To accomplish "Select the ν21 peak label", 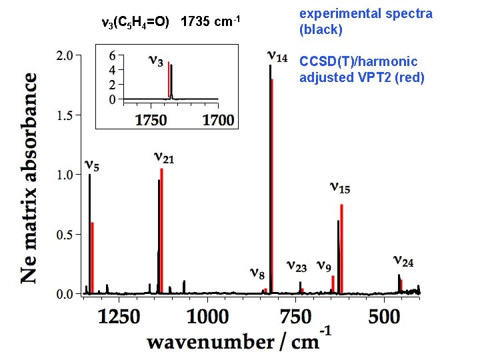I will click(164, 158).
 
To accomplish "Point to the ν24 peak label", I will click(403, 262).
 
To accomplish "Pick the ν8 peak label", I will click(257, 273).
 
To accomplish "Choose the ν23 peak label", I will click(297, 267).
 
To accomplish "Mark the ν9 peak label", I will click(325, 267).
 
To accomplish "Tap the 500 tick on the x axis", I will click(384, 314).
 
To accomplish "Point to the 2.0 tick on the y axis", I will click(64, 56).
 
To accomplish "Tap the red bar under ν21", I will click(161, 231).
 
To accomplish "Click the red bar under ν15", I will click(341, 248).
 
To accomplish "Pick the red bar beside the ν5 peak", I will click(93, 257).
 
